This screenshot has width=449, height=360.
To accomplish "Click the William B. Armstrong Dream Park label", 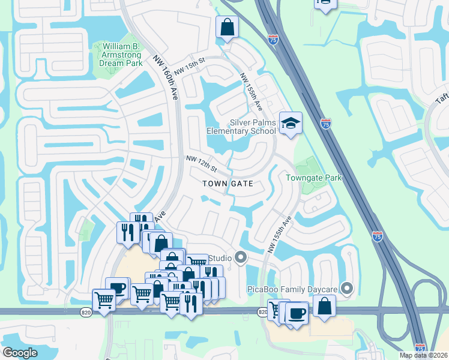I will tap(122, 55).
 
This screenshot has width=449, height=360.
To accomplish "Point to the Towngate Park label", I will tap(313, 178).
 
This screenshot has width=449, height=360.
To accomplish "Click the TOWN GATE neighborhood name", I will tap(228, 184).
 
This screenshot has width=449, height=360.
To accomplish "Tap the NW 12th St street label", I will tap(200, 161).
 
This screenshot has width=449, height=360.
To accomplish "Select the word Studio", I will tap(220, 259).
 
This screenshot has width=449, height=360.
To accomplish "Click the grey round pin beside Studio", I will tap(241, 259).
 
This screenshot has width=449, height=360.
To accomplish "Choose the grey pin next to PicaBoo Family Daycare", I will tap(346, 289).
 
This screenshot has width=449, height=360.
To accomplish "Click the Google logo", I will tap(20, 353).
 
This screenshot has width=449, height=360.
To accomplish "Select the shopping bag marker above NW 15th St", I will tap(228, 27).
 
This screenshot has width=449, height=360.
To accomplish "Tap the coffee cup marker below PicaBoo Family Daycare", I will tap(297, 313).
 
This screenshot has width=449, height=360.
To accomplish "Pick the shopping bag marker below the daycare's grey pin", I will tap(324, 306).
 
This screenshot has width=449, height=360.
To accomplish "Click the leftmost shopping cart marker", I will tap(104, 299).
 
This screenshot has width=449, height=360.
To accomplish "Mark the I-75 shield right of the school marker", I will tap(325, 124).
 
